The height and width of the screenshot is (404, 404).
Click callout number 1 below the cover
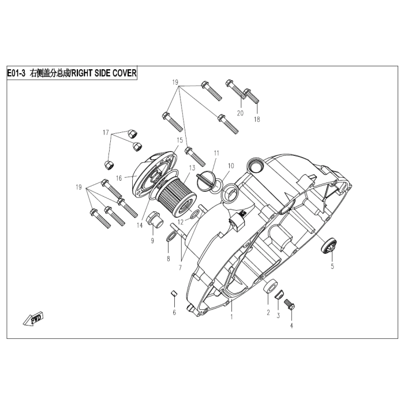coord(231,317)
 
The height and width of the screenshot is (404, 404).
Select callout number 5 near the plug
coord(332,267)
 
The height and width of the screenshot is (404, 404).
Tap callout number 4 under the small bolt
coord(291,326)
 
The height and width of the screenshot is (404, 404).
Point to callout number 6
coord(174,312)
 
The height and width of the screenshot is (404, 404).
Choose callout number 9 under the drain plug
coord(152,241)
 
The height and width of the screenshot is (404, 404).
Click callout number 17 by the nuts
coord(106,133)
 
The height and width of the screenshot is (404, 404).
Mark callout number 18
coord(257,119)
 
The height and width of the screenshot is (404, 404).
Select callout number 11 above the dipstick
coord(216,153)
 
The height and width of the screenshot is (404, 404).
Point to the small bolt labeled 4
coord(290,304)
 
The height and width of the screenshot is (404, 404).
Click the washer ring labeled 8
coord(171,238)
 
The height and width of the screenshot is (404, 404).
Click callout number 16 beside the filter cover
coord(119,179)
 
